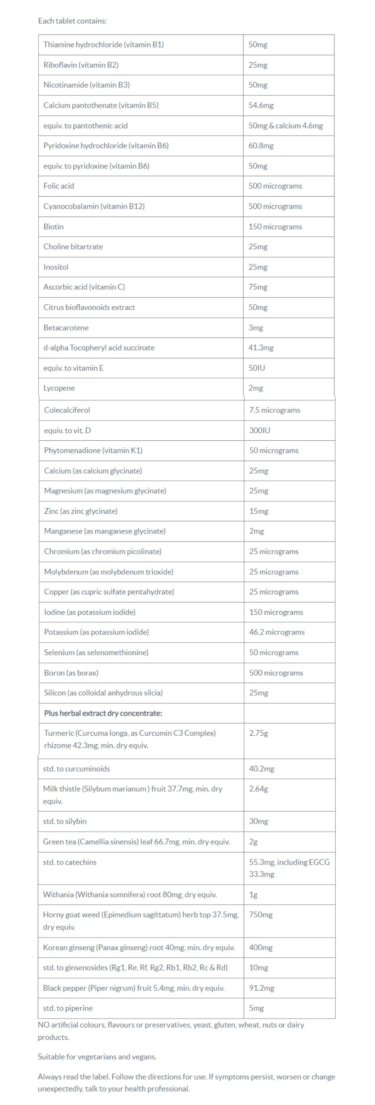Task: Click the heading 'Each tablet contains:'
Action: [x=72, y=20]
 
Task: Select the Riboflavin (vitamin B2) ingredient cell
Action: [x=81, y=65]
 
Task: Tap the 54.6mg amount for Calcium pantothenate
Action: [x=260, y=105]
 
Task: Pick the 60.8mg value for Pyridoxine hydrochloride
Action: [x=260, y=145]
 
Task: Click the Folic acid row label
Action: [x=59, y=186]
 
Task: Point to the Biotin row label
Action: [x=53, y=226]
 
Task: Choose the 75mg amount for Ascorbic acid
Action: [x=257, y=287]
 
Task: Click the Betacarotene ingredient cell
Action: [x=66, y=328]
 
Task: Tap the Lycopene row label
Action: [x=59, y=388]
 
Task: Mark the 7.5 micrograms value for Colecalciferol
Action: [x=274, y=410]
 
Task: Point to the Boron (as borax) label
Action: [x=71, y=673]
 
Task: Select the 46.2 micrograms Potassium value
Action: [x=277, y=632]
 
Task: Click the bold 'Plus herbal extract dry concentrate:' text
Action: [x=103, y=713]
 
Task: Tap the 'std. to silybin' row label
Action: [x=65, y=821]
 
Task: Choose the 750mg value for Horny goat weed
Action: [x=260, y=915]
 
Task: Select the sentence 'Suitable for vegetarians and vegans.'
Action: [x=97, y=1056]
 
